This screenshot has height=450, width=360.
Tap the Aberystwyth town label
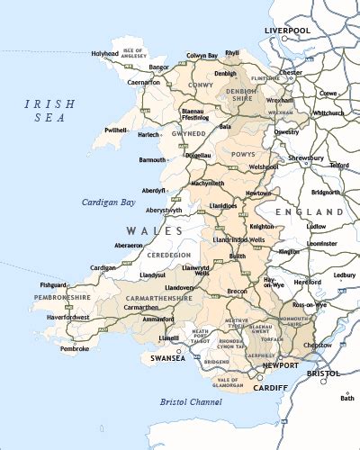click(x=159, y=210)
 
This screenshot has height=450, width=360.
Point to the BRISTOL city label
click(x=321, y=373)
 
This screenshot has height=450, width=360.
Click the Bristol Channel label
click(x=191, y=401)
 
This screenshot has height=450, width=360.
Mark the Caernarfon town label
click(x=119, y=82)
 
